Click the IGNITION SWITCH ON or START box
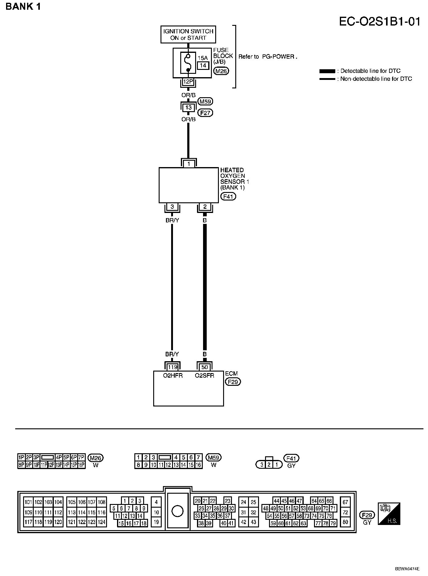click(188, 34)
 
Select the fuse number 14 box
click(203, 65)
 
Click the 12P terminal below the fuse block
click(188, 81)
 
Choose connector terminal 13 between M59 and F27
click(188, 107)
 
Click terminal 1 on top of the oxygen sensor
click(189, 164)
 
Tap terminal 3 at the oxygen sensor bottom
click(172, 207)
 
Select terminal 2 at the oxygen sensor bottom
click(205, 207)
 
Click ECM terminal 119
click(172, 367)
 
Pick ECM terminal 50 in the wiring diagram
click(205, 367)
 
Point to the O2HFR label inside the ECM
click(173, 375)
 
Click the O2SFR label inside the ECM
click(204, 375)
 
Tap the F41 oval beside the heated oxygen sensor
click(228, 196)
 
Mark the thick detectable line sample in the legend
click(327, 71)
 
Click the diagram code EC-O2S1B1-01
click(380, 22)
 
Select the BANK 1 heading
click(23, 7)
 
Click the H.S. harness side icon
click(389, 514)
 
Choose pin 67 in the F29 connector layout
click(345, 502)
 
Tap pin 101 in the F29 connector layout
click(28, 502)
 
